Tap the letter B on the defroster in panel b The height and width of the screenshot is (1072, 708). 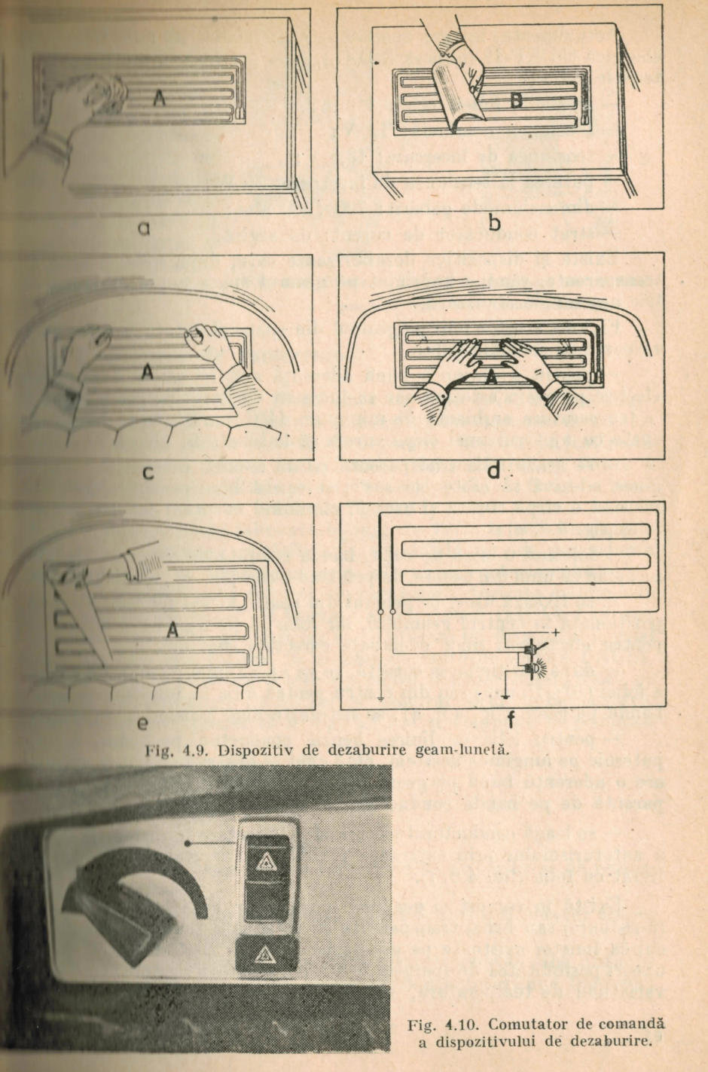(x=517, y=101)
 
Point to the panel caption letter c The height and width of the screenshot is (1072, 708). (x=149, y=472)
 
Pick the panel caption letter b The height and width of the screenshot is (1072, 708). (x=495, y=223)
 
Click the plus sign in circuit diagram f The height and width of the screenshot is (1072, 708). (x=557, y=632)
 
